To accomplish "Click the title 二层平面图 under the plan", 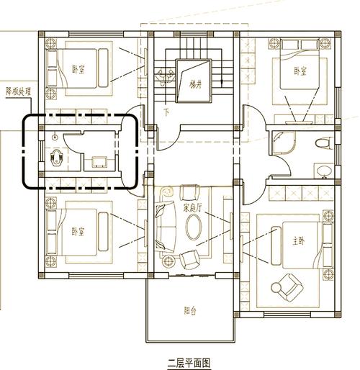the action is (x=189, y=363).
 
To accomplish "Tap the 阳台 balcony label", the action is (x=190, y=311).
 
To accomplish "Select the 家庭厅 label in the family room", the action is (x=192, y=208).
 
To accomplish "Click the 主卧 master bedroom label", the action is (x=299, y=241).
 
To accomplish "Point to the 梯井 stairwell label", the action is (x=195, y=84).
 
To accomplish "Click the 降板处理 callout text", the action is (x=19, y=91).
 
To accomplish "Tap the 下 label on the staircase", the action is (x=166, y=112).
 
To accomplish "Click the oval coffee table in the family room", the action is (x=194, y=227).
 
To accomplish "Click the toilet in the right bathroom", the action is (x=324, y=144).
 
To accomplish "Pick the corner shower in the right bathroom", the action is (x=283, y=143).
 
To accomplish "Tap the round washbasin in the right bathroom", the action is (x=324, y=171).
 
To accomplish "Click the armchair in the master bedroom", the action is (x=287, y=287).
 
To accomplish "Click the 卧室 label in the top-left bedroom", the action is (x=78, y=69).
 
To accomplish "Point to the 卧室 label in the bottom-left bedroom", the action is (x=78, y=232).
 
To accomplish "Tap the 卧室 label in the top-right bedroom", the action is (x=300, y=71).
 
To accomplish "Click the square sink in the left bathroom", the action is (x=99, y=162).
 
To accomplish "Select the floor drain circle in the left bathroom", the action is (x=55, y=137).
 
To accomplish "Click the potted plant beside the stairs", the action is (x=165, y=76).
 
